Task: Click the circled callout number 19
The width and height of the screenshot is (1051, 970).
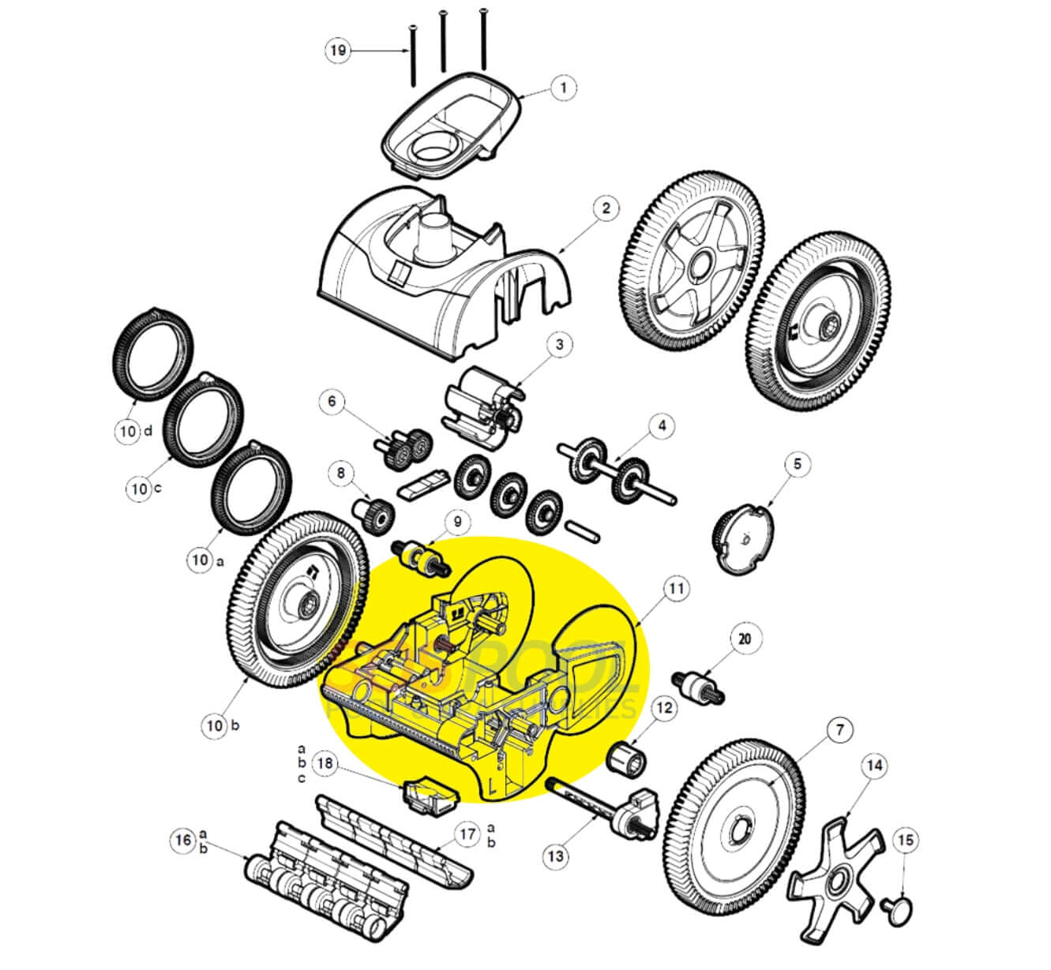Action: click(x=338, y=51)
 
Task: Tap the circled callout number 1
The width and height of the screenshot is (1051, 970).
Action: click(x=562, y=87)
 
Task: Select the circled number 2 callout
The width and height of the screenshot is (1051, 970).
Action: click(x=605, y=209)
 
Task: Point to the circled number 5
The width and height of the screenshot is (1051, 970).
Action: click(x=797, y=464)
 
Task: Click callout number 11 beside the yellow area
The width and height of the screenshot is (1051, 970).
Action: click(x=677, y=588)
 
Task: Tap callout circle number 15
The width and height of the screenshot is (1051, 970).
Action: click(x=906, y=841)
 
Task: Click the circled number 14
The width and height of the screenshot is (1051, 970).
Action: click(x=874, y=766)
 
